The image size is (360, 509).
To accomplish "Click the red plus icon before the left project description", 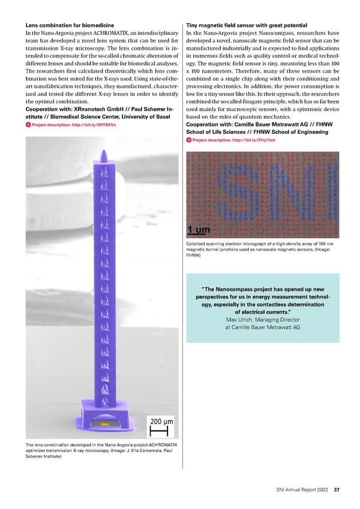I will [28, 125].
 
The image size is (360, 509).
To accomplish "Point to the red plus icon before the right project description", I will [189, 140].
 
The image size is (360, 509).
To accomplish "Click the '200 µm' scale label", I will [161, 421].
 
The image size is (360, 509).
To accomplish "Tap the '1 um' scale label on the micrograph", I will [200, 230].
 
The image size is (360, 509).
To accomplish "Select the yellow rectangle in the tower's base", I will [104, 423].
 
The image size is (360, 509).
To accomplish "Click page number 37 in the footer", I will [337, 489].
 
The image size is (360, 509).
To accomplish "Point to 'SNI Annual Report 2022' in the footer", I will [298, 489].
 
